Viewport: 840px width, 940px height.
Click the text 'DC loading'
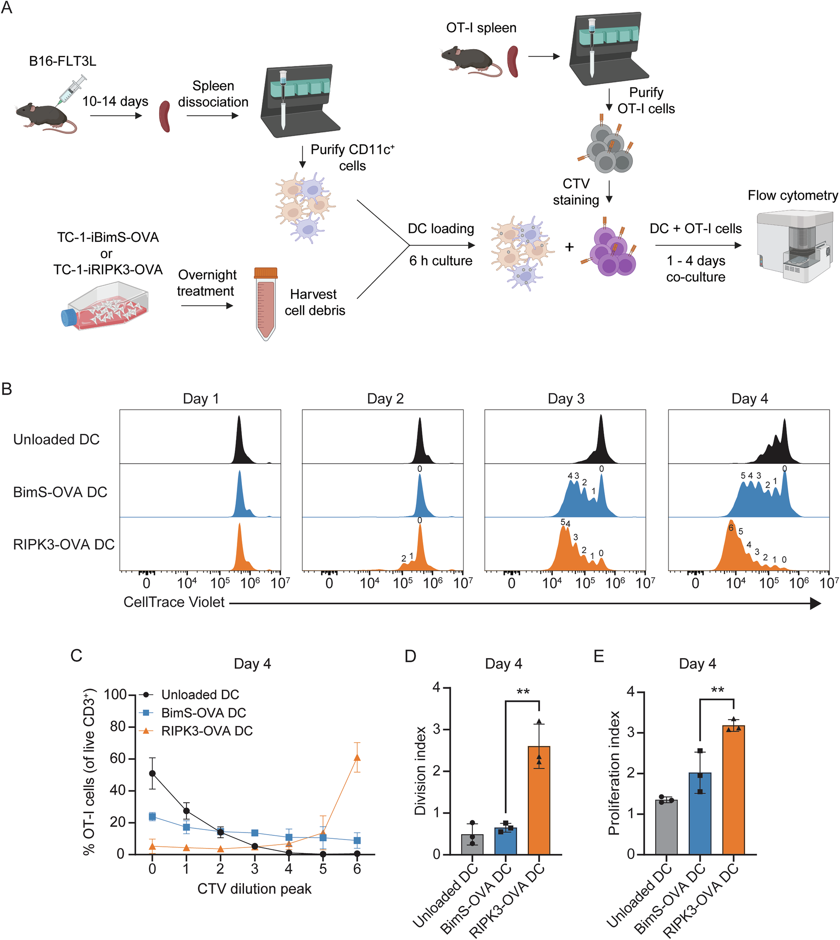point(441,228)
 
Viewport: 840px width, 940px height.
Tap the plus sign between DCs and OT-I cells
point(569,247)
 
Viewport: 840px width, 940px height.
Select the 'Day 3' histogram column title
point(566,399)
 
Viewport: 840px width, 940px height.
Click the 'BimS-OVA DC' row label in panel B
point(60,492)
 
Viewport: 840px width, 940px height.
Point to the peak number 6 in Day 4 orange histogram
point(731,528)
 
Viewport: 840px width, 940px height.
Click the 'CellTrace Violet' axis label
point(174,602)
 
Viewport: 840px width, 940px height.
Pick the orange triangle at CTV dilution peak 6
point(357,758)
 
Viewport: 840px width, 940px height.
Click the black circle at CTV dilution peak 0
point(152,773)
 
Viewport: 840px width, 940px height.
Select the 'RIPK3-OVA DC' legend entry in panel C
point(206,731)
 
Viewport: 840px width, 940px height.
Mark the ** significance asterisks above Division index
point(523,692)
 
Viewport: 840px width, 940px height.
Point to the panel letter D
point(410,656)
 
